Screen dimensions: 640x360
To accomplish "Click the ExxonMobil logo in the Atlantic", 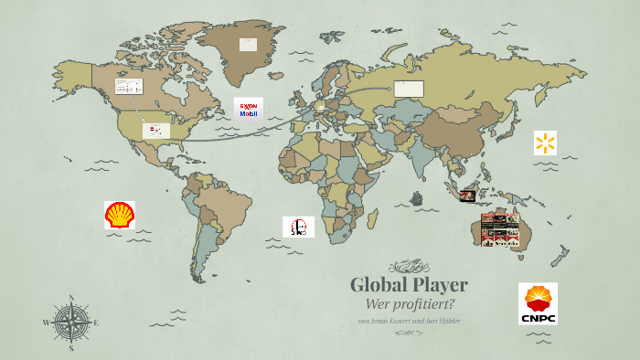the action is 248,110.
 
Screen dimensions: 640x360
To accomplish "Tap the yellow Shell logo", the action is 120,216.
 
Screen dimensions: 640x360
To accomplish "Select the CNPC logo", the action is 538,303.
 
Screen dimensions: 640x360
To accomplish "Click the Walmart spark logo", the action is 546,143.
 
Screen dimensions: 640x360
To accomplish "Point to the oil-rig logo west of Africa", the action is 298,227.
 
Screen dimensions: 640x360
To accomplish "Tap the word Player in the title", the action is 438,284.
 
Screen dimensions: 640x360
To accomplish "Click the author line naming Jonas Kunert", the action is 409,321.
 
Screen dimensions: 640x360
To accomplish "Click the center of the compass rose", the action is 70,322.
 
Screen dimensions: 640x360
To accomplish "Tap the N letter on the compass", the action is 70,298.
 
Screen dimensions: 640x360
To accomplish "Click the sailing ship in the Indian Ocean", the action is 417,197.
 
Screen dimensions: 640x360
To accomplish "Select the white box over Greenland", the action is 248,44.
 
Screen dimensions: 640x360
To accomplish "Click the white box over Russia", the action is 409,89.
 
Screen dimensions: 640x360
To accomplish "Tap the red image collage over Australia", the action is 500,229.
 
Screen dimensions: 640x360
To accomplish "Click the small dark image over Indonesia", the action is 468,196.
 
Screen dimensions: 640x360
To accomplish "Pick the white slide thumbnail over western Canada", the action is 128,87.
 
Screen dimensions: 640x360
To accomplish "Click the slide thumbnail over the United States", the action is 155,131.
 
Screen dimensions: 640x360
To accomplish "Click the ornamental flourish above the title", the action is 409,267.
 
